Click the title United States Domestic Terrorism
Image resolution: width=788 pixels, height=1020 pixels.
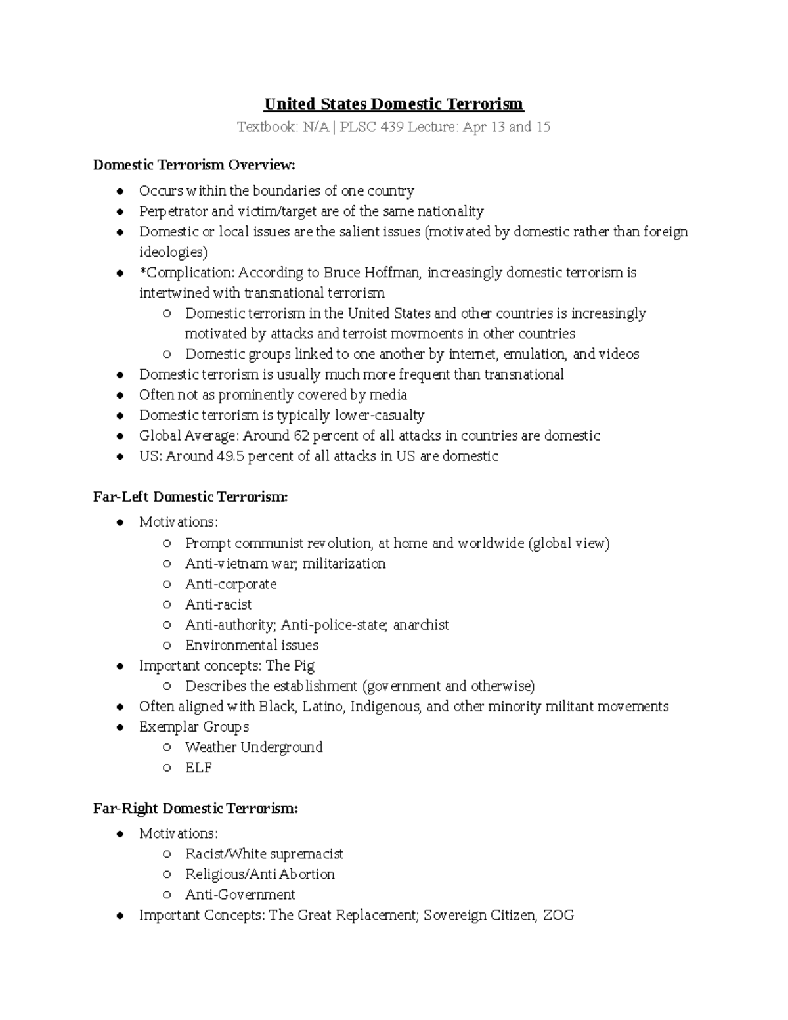[x=393, y=104]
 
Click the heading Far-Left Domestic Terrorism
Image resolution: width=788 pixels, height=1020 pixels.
[x=190, y=497]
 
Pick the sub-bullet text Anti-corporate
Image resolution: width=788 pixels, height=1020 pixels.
[x=230, y=585]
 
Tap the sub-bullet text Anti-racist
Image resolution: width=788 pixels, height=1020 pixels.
[x=218, y=605]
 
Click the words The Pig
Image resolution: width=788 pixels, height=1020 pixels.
[x=290, y=666]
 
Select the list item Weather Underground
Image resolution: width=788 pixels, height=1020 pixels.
[x=253, y=747]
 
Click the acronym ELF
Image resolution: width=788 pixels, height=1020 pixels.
[x=198, y=768]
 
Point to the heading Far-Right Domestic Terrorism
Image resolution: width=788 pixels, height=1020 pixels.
[x=195, y=809]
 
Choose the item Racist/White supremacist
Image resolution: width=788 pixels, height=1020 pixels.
[x=264, y=854]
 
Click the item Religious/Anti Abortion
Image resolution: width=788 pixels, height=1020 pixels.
[x=259, y=875]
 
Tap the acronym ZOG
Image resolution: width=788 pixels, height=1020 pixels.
[x=558, y=916]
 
